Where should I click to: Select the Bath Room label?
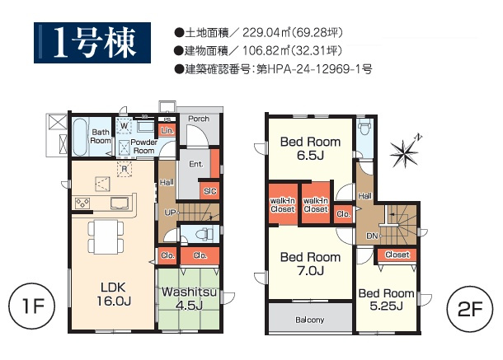101,136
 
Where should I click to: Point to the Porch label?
198,119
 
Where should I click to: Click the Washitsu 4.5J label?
188,297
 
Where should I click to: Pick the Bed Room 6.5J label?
309,147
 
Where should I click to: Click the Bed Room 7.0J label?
309,263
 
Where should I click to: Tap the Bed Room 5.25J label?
387,299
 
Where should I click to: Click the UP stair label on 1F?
170,212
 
